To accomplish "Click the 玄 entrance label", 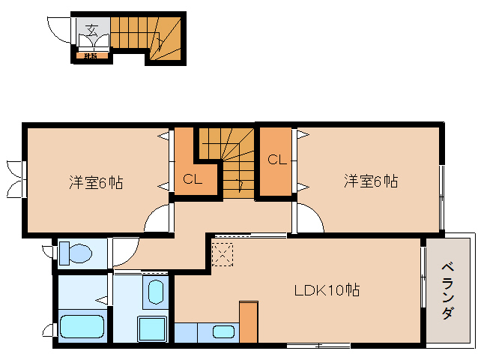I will coord(91,30).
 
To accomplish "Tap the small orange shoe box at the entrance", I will coord(90,55).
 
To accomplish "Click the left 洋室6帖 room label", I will coord(97,181).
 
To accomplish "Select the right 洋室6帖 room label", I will coord(370,181).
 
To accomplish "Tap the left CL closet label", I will coord(192,179).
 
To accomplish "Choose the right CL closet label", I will coord(276,159).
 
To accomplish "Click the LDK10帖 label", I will coord(326,289).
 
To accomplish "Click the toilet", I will coord(75,253).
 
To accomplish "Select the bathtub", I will coord(81,328).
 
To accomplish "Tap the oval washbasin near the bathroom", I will coord(156,292).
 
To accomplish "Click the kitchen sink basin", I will coord(223,331).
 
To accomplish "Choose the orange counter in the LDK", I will coord(248,322).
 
